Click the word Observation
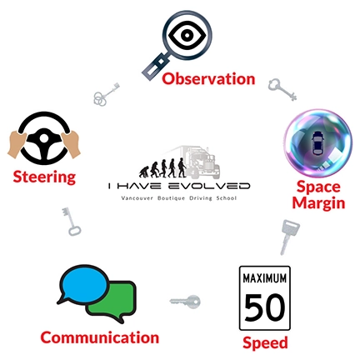pyautogui.click(x=208, y=78)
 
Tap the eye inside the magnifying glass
pyautogui.click(x=187, y=35)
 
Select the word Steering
pyautogui.click(x=44, y=177)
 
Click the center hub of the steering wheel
pyautogui.click(x=43, y=138)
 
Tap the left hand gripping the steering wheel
pyautogui.click(x=17, y=144)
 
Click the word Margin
pyautogui.click(x=318, y=202)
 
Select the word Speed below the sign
pyautogui.click(x=265, y=342)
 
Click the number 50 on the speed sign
pyautogui.click(x=265, y=307)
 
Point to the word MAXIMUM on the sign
pyautogui.click(x=265, y=278)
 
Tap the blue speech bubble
pyautogui.click(x=82, y=284)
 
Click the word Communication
pyautogui.click(x=100, y=337)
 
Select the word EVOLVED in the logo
pyautogui.click(x=209, y=186)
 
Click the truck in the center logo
pyautogui.click(x=197, y=162)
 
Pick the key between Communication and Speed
pyautogui.click(x=185, y=302)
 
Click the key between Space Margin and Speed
pyautogui.click(x=288, y=237)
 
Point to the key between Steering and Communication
pyautogui.click(x=72, y=222)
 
